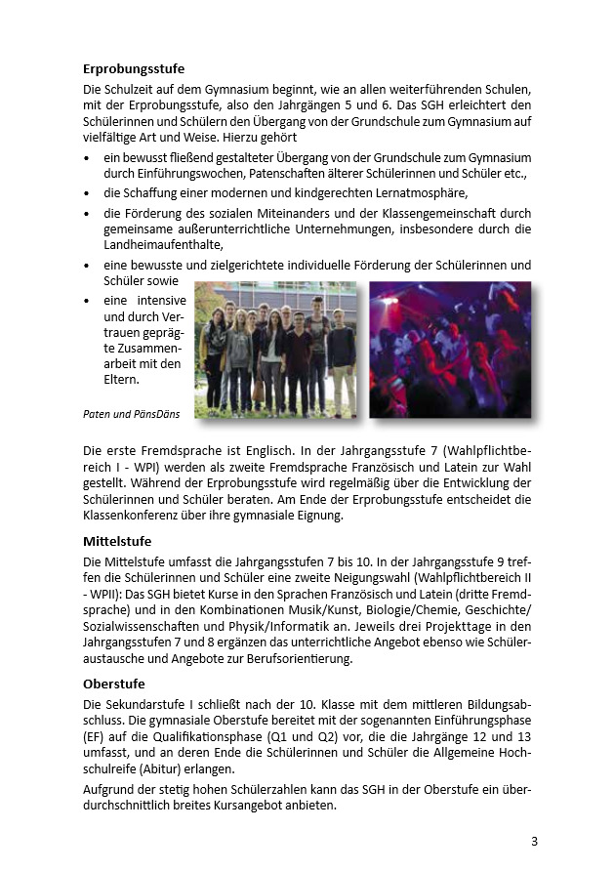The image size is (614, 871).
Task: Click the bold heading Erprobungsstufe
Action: tap(134, 69)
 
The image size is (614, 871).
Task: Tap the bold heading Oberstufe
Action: tap(113, 684)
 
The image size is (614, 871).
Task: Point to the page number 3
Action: tap(534, 841)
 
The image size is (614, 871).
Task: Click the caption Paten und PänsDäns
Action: tap(132, 414)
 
